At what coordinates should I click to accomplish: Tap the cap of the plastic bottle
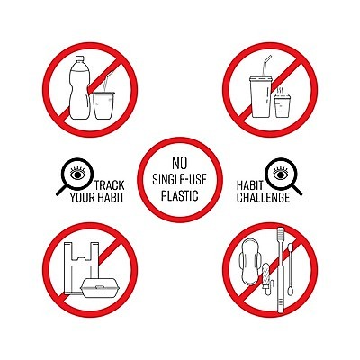point(80,58)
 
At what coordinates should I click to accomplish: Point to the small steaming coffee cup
point(283,105)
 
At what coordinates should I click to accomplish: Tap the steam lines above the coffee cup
point(281,90)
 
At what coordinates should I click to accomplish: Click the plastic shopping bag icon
point(80,268)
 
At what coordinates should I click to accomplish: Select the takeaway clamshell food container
point(101,288)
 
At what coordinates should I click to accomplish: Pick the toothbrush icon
point(280,270)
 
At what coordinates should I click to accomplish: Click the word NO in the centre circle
point(179,163)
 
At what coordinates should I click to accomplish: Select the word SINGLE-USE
point(179,179)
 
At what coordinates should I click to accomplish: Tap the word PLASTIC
point(179,195)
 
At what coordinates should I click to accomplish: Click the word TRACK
point(109,185)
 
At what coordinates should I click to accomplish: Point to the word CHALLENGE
point(263,198)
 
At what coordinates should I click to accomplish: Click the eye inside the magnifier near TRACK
point(77,173)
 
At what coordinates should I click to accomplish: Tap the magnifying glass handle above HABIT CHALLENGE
point(297,190)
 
